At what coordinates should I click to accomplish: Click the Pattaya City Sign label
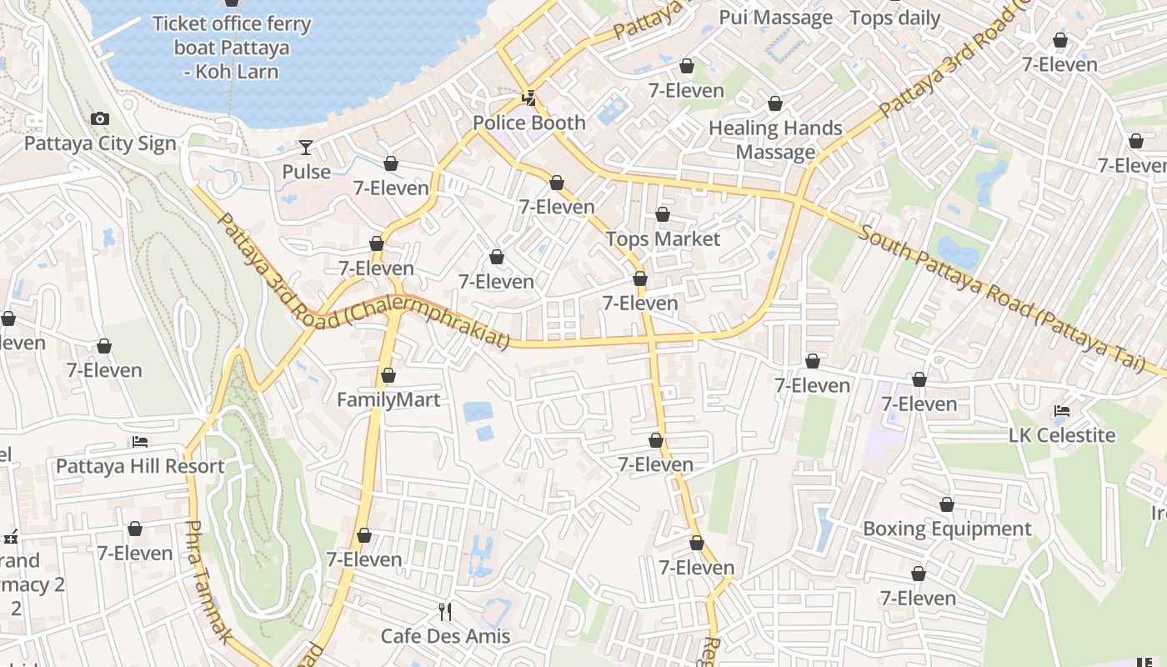coord(100,143)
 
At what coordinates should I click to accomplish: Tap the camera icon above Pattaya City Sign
coord(100,119)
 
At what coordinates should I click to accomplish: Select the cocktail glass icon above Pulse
coord(306,148)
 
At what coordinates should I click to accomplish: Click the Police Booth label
coord(529,123)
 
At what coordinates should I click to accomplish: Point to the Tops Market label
coord(663,239)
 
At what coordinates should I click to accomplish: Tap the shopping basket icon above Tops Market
coord(663,215)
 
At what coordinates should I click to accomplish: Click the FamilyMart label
coord(388,400)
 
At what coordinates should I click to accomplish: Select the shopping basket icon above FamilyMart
coord(388,376)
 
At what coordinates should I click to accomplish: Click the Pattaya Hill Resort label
coord(140,466)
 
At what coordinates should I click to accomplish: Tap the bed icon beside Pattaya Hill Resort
coord(140,442)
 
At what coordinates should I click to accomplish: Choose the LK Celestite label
coord(1062,435)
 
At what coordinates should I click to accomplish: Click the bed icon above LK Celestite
coord(1062,411)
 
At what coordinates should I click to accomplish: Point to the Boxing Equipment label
coord(947,529)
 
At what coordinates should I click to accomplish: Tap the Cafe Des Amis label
coord(445,636)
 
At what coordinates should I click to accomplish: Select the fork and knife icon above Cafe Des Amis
coord(445,612)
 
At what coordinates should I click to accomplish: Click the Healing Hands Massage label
coord(775,140)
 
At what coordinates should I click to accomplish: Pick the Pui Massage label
coord(775,18)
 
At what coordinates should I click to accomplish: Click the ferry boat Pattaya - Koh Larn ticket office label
coord(232,48)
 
